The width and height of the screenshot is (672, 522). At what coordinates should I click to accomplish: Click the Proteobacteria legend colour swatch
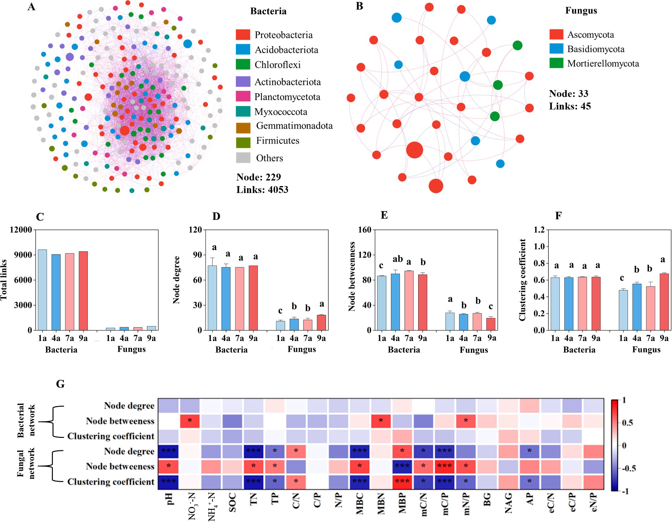click(243, 35)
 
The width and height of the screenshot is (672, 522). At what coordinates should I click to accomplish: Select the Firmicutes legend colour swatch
click(243, 142)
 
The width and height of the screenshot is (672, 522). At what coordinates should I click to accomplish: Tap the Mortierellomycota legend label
click(603, 63)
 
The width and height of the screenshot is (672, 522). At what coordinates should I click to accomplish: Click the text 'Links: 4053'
click(262, 190)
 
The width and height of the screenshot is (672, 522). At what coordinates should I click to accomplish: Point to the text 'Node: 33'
click(568, 94)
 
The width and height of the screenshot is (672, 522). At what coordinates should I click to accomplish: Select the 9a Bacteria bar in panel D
click(253, 298)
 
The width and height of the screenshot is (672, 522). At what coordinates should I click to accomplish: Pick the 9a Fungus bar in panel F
click(664, 302)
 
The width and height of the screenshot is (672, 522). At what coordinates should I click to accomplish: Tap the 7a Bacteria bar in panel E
click(409, 300)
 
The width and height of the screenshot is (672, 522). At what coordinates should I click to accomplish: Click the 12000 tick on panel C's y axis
click(21, 230)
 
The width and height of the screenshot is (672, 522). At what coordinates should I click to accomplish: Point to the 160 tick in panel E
click(365, 230)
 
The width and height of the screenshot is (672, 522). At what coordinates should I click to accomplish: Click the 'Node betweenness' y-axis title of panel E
click(352, 276)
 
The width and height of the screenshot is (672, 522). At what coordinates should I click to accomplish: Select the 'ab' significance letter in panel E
click(397, 259)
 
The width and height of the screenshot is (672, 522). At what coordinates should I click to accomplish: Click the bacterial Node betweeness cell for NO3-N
click(190, 421)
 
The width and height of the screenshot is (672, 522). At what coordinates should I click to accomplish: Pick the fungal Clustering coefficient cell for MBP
click(402, 481)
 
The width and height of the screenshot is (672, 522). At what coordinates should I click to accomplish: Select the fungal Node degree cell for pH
click(168, 451)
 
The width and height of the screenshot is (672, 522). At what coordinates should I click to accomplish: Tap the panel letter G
click(60, 384)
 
